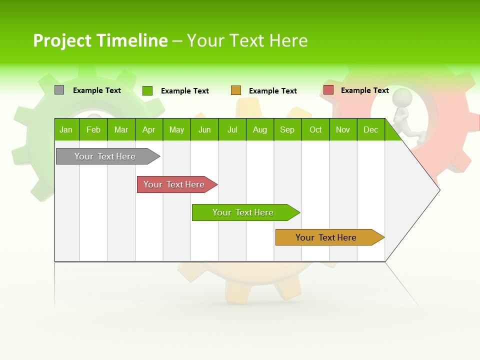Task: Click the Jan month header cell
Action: tap(66, 129)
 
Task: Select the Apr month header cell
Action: tap(149, 129)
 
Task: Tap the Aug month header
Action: tap(259, 129)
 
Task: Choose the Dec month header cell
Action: tap(370, 129)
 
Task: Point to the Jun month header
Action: tap(204, 129)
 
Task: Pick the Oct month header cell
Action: tap(315, 129)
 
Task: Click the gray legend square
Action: tap(59, 90)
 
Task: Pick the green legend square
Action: tap(147, 90)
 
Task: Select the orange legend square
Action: tap(236, 90)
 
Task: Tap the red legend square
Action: tap(328, 90)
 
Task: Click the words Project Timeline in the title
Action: tap(100, 40)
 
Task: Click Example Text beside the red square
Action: tap(364, 90)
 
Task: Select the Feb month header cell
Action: tap(93, 129)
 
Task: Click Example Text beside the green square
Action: tap(184, 91)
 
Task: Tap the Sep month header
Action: tap(287, 129)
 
